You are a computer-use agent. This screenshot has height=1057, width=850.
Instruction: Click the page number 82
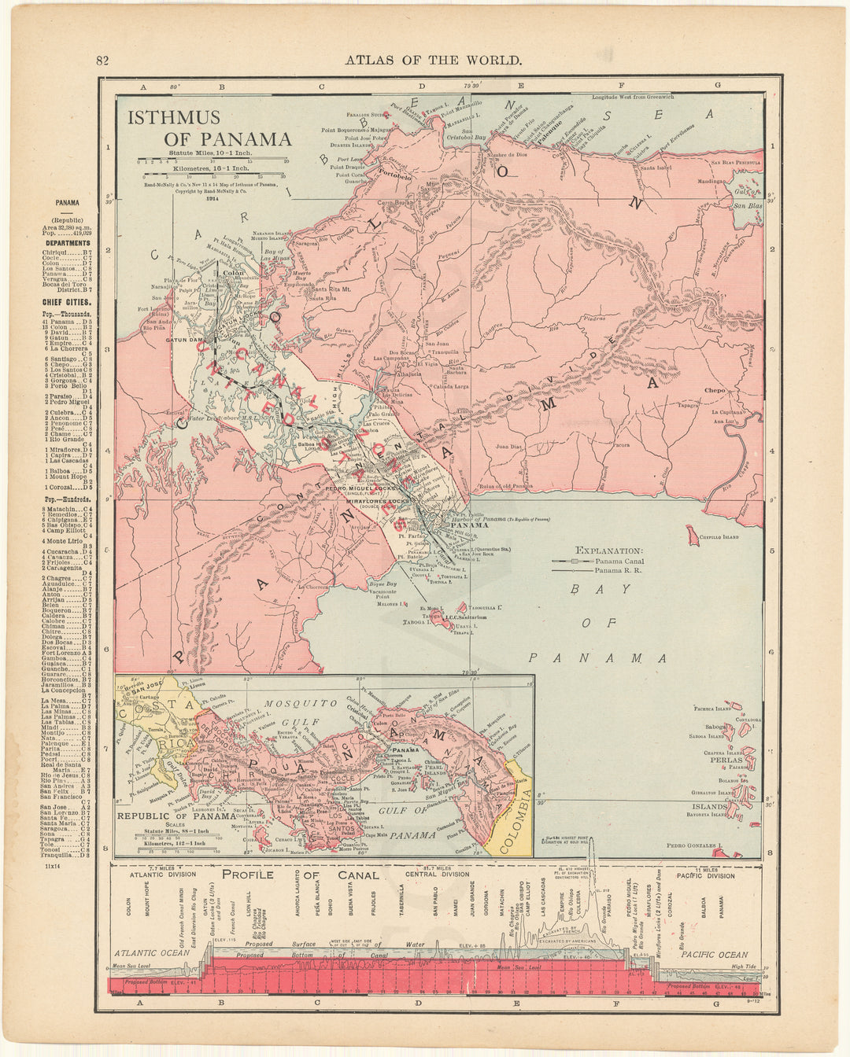coord(102,61)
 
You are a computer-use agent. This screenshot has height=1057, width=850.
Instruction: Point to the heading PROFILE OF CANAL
coord(300,875)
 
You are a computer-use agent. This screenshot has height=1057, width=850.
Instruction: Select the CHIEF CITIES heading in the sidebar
coord(68,302)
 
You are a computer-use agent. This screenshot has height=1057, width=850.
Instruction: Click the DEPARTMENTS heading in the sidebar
coord(67,244)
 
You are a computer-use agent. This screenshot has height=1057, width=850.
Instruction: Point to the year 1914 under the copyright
coord(211,198)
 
